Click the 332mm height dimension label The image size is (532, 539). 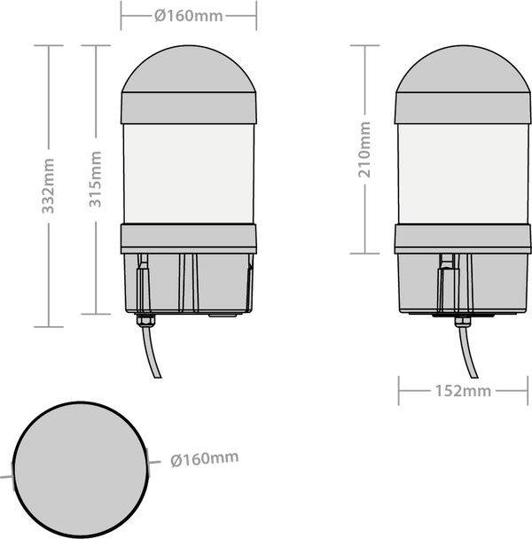(48, 186)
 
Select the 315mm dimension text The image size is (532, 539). (95, 179)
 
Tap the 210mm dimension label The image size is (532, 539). (364, 150)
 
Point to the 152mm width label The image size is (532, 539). (463, 391)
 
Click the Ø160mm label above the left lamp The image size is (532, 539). (189, 16)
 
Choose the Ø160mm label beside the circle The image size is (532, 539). (204, 458)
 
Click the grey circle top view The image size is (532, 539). (81, 470)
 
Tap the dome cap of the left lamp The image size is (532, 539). (189, 69)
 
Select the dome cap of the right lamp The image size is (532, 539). (463, 69)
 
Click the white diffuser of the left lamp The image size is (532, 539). (189, 174)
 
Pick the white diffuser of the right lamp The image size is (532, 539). (463, 174)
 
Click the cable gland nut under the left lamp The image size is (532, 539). (145, 320)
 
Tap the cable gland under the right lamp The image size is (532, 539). (463, 321)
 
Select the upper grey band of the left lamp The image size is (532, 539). (189, 108)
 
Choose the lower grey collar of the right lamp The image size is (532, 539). (463, 239)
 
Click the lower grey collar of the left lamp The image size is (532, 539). (189, 238)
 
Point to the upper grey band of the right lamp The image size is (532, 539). (463, 108)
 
